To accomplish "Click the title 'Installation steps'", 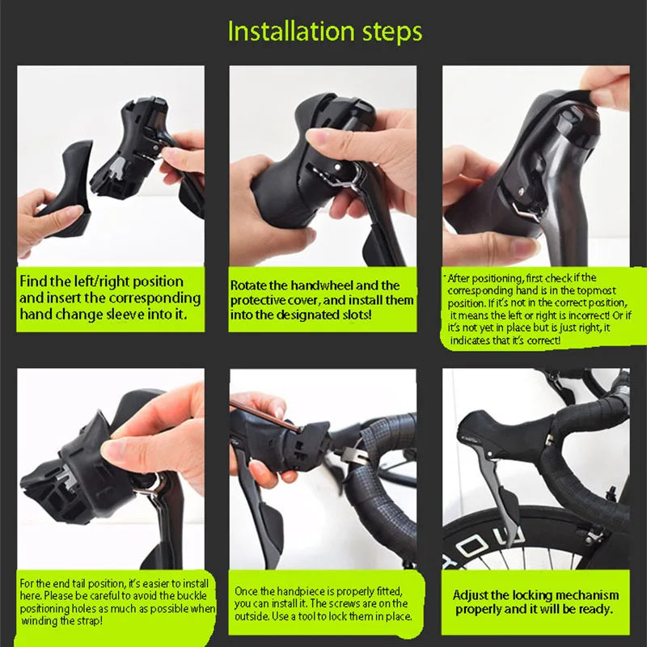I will click(324, 32).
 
